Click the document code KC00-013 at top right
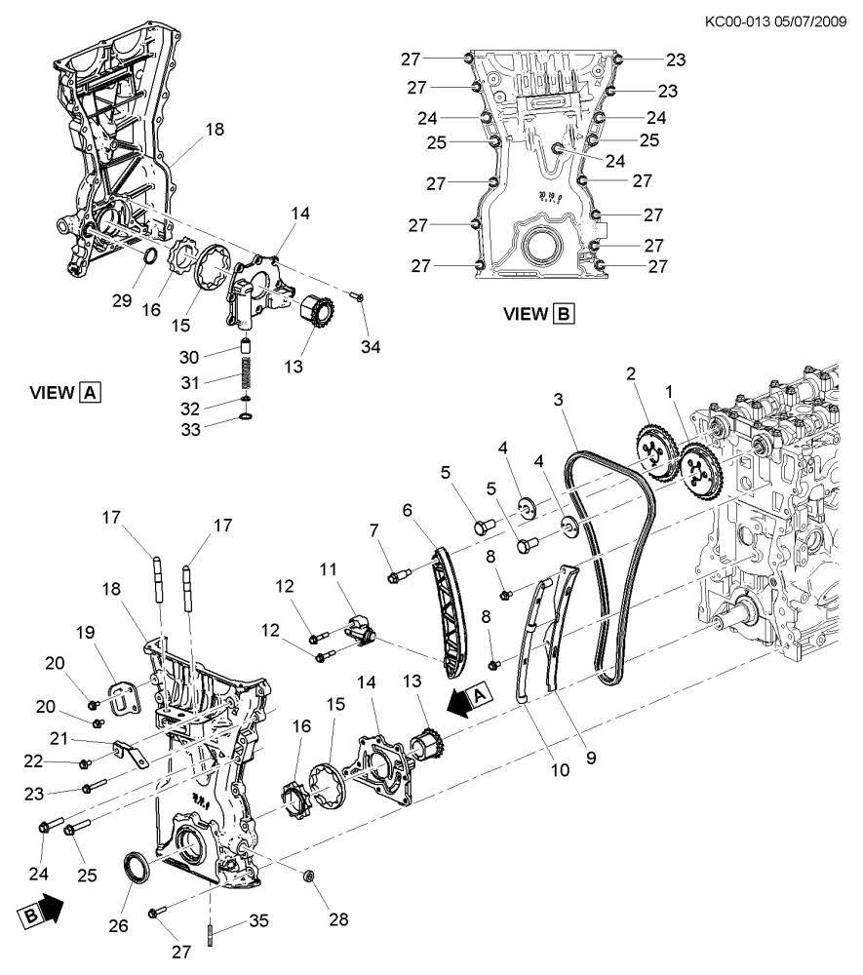pyautogui.click(x=736, y=21)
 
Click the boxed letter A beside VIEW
pyautogui.click(x=90, y=393)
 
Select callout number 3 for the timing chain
pyautogui.click(x=559, y=399)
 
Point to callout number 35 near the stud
pyautogui.click(x=258, y=921)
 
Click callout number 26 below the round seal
pyautogui.click(x=118, y=926)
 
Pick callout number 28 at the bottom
pyautogui.click(x=338, y=919)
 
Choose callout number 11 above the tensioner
pyautogui.click(x=329, y=569)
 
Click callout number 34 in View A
pyautogui.click(x=371, y=347)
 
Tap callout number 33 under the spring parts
pyautogui.click(x=190, y=430)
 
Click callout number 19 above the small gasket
pyautogui.click(x=85, y=633)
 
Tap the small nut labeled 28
pyautogui.click(x=308, y=877)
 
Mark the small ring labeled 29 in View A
pyautogui.click(x=150, y=254)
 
